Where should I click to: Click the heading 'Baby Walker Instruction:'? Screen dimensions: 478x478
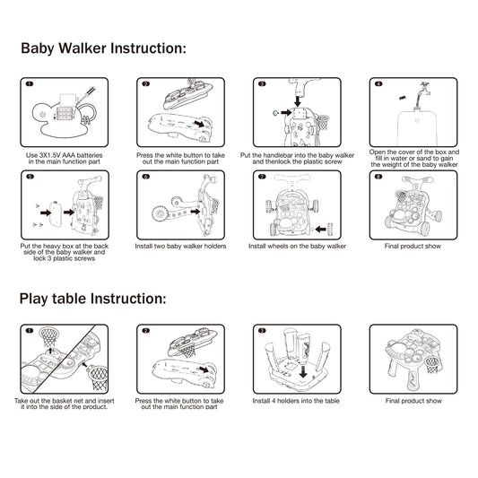[x=103, y=48]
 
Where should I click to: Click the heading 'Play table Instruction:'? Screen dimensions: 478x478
[x=92, y=299]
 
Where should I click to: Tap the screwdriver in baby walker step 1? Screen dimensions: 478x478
[x=87, y=92]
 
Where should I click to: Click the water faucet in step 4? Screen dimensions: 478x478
[x=423, y=88]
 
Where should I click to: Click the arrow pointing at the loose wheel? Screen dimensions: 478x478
[x=320, y=229]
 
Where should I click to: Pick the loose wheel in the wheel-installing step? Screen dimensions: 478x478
[x=330, y=230]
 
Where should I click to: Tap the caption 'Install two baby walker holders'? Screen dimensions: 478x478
[x=180, y=247]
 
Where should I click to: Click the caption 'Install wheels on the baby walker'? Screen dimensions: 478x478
[x=297, y=247]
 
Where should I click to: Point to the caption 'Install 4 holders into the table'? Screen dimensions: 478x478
[x=296, y=401]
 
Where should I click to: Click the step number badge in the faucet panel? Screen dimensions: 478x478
[x=378, y=83]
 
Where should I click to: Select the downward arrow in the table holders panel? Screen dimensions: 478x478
[x=303, y=372]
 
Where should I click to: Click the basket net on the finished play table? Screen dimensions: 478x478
[x=433, y=364]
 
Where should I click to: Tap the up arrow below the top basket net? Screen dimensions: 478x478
[x=50, y=351]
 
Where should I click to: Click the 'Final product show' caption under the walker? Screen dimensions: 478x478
[x=413, y=247]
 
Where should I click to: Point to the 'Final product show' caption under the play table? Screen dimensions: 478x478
[x=413, y=401]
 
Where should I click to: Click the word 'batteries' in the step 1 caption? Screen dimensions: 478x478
[x=90, y=155]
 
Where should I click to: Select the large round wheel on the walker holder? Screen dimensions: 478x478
[x=159, y=214]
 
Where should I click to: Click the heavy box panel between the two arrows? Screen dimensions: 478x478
[x=56, y=214]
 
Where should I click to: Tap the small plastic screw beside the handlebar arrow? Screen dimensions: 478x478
[x=275, y=113]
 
